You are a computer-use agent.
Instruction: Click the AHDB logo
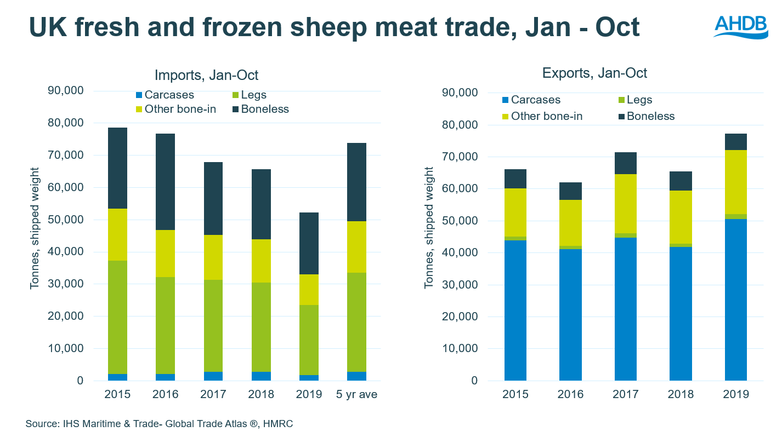point(741,26)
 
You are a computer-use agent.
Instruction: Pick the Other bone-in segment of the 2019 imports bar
point(308,289)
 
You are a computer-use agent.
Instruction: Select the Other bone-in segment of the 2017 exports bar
point(626,204)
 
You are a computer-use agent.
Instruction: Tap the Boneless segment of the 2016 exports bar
point(570,191)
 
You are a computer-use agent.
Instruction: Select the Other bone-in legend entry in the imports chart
point(175,109)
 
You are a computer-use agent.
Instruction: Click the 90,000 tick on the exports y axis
point(460,93)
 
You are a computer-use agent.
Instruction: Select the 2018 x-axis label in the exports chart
point(681,394)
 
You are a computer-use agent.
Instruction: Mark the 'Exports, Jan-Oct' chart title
point(594,73)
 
